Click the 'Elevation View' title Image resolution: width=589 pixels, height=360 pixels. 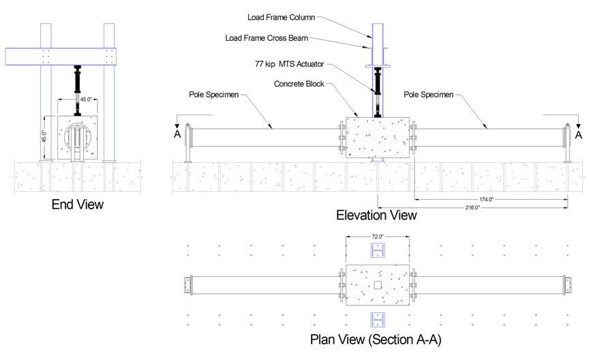(376, 215)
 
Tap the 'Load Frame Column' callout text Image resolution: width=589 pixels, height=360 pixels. (281, 16)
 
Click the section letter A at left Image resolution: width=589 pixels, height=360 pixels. (177, 136)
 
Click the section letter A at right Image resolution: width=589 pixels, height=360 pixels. (578, 136)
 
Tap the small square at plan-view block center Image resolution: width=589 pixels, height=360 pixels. (377, 284)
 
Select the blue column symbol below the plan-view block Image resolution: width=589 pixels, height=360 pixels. (377, 319)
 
